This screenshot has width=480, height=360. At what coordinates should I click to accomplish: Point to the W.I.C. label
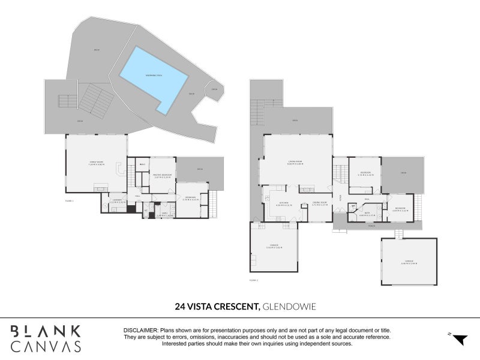(143, 164)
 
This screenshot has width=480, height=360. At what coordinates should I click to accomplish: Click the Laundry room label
(118, 201)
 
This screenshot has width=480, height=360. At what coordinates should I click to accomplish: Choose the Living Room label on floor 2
(294, 163)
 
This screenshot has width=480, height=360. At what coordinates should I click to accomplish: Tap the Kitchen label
(284, 203)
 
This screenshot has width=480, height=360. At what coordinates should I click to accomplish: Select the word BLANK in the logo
(45, 331)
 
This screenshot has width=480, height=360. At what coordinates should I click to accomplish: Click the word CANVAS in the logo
(45, 346)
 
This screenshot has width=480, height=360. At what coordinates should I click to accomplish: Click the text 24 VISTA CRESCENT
(217, 307)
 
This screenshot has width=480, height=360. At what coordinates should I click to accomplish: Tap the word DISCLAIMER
(140, 331)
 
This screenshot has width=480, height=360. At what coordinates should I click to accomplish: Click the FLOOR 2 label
(253, 280)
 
